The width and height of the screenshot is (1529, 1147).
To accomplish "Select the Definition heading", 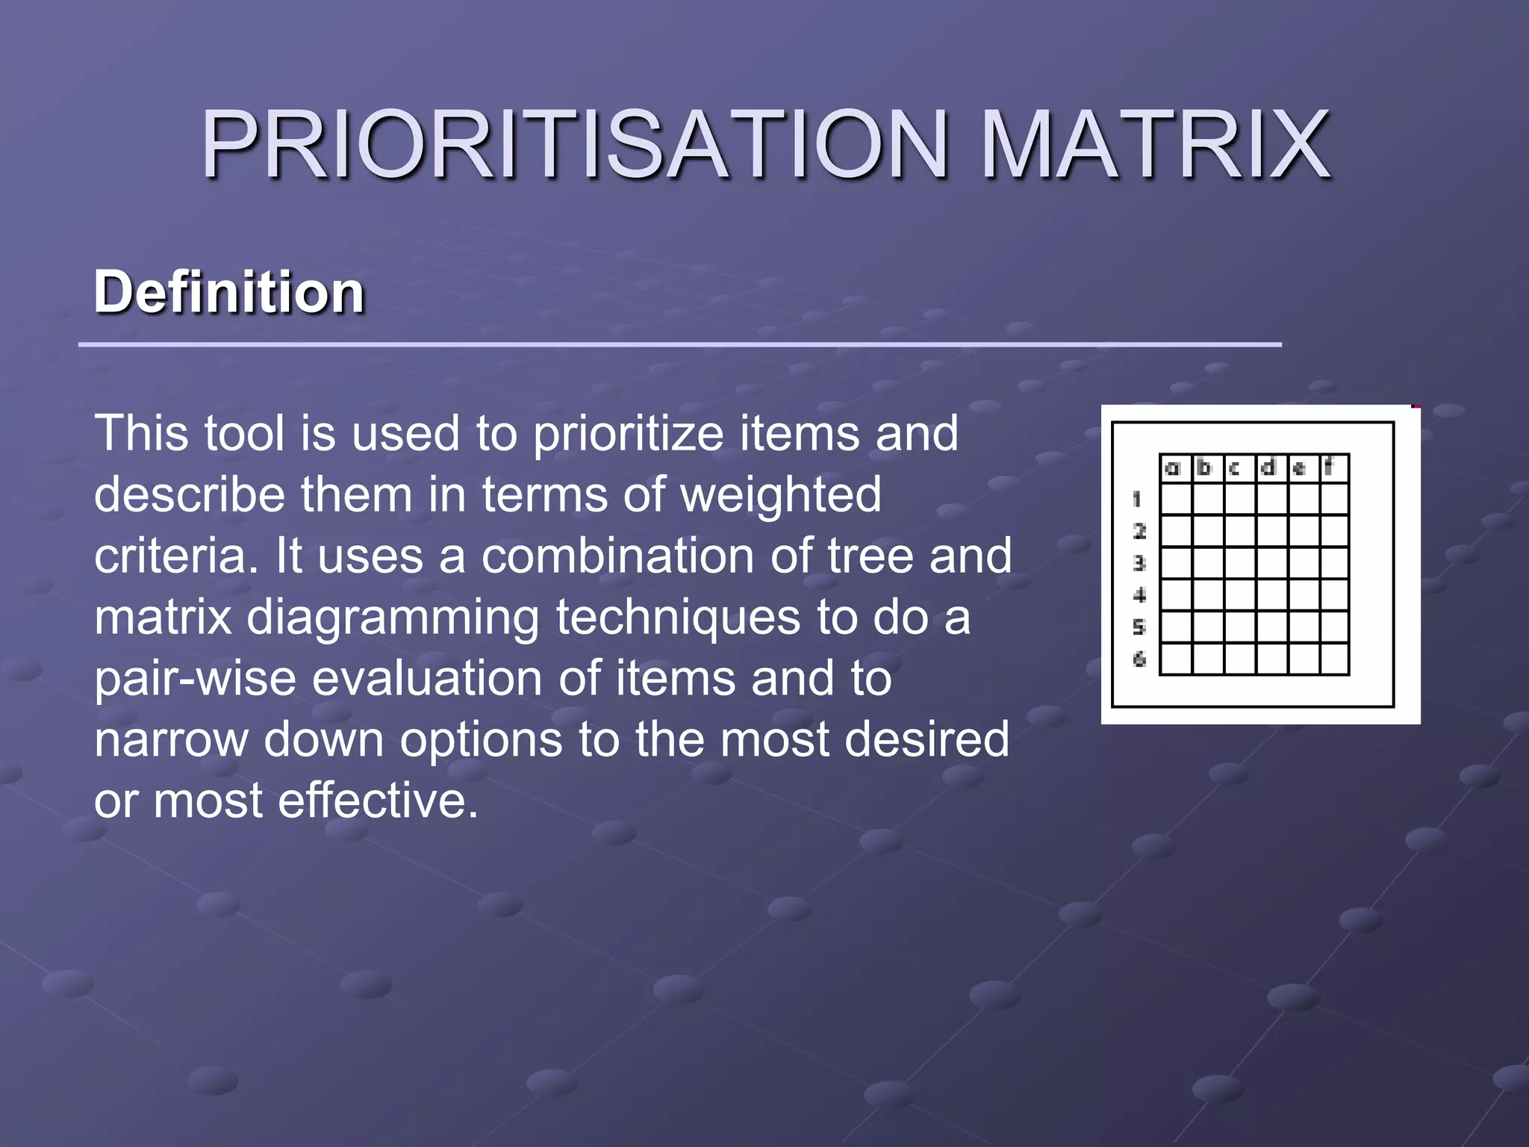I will point(229,292).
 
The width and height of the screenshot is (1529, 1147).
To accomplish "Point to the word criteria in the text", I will point(176,556).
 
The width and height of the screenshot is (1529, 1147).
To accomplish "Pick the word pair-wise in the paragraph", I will point(195,679).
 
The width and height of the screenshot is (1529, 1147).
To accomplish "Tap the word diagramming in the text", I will point(393,618).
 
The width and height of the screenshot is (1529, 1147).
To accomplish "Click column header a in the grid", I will point(1174,468).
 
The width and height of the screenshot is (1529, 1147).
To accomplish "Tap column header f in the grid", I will point(1330,467).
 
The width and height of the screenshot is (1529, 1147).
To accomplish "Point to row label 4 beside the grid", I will point(1139,595).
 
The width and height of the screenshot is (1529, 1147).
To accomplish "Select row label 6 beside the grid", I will point(1139,659).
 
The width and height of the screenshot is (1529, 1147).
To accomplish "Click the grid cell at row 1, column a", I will point(1177,499).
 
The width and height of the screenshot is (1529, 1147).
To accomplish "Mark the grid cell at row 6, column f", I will point(1334,659).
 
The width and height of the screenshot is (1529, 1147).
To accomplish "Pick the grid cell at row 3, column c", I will point(1240,563).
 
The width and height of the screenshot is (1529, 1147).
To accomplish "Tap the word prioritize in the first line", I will point(628,434).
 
